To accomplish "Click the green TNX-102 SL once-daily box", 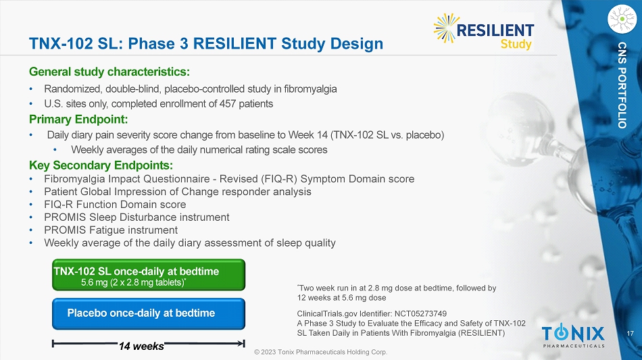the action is (x=149, y=275).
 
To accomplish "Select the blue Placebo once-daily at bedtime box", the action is (x=149, y=314).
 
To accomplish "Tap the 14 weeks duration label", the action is (x=141, y=346).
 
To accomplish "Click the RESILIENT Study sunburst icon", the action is (x=446, y=28).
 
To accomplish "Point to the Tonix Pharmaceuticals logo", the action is (x=573, y=336).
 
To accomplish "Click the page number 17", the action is (x=630, y=334).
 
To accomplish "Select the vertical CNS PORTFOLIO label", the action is (x=622, y=85).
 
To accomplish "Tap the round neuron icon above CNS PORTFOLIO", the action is (x=622, y=19).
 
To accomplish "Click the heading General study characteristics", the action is (x=109, y=72).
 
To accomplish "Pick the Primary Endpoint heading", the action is (x=78, y=120).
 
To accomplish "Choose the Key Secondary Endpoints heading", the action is (x=101, y=165).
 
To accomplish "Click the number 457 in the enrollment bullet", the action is (x=228, y=104).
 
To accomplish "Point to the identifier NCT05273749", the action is (x=420, y=314).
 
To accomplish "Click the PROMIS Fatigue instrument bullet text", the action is (x=111, y=230).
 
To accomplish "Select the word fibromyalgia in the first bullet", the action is (x=310, y=89).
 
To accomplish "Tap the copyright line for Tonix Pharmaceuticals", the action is (x=320, y=352).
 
